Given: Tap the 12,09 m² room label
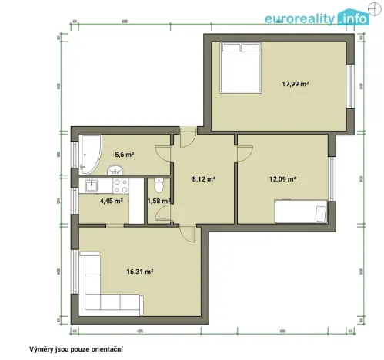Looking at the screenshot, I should [282, 178].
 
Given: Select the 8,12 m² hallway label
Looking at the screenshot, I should [202, 178].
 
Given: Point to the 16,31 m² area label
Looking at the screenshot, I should [139, 272].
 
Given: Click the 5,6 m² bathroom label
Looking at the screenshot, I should [125, 155].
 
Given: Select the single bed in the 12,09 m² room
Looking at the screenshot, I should [301, 210].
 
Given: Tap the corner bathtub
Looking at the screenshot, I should [89, 152].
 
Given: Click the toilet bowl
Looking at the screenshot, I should [158, 185].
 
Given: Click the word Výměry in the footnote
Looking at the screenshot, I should [43, 348].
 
